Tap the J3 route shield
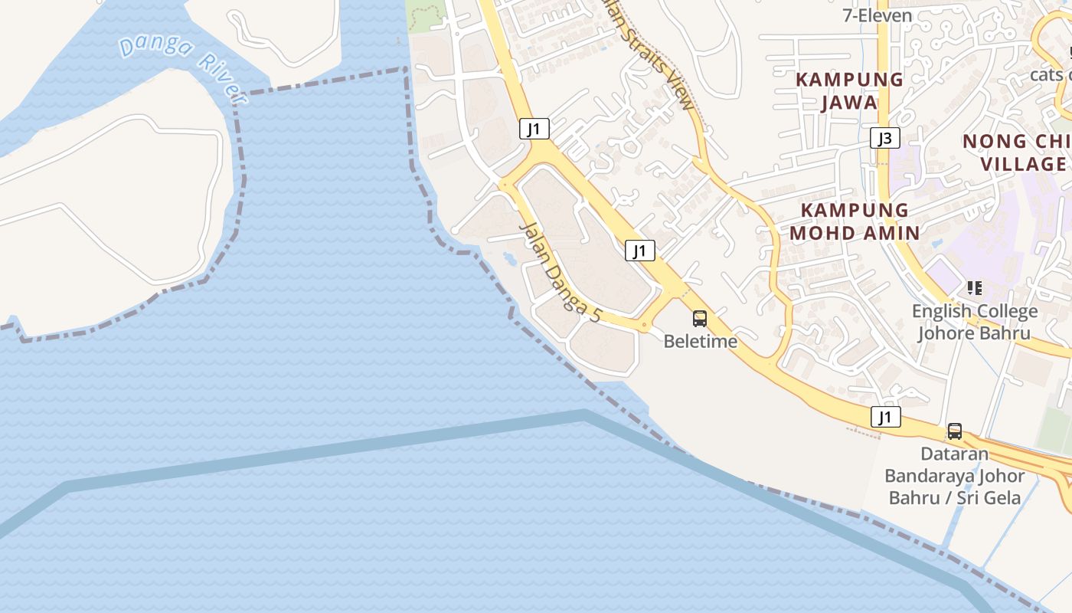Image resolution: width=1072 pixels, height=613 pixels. pos(884,139)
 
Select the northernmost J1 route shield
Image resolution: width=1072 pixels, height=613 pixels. pos(534,129)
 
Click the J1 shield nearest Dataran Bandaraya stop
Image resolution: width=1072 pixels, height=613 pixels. pos(885,418)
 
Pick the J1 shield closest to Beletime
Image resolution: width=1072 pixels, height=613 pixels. pos(640,251)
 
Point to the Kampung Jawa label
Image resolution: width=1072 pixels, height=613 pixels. pos(849,91)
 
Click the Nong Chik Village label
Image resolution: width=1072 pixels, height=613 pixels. pos(1016,152)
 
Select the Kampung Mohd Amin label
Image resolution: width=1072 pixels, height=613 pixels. pos(855,221)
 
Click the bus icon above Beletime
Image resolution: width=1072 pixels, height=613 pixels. pos(699,319)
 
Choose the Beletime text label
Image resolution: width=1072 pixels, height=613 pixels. pos(700,342)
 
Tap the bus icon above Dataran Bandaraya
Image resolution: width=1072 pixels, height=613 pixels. pos(954,431)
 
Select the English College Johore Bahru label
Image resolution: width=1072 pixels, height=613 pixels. pos(974,323)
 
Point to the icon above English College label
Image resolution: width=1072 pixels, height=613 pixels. pos(974,288)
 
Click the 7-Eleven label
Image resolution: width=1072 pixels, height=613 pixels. pos(877,15)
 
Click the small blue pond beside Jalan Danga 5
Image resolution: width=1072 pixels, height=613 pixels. pos(509,258)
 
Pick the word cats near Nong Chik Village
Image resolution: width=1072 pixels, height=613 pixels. pos(1047,74)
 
